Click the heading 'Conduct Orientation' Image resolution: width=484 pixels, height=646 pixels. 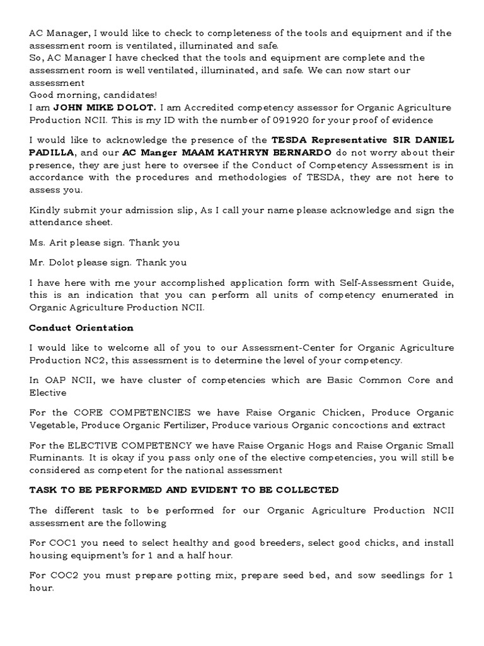pyautogui.click(x=81, y=328)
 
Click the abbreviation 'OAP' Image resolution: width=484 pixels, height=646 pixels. pyautogui.click(x=52, y=380)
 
